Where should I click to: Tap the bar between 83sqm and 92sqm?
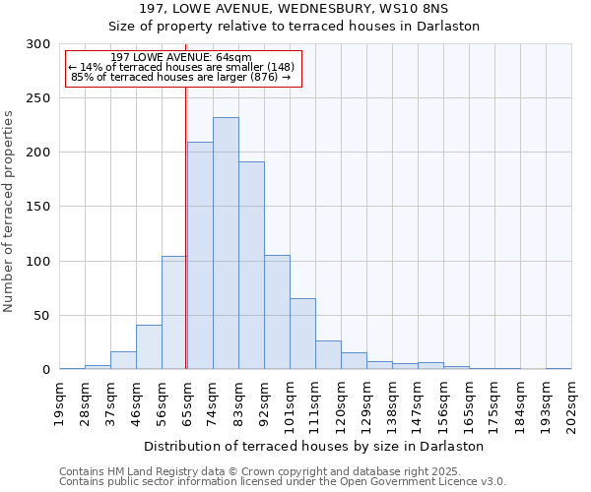point(251,266)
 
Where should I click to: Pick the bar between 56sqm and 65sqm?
point(174,313)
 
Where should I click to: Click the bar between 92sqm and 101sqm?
point(277,313)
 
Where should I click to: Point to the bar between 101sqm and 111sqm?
point(302,335)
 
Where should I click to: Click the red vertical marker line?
point(186,226)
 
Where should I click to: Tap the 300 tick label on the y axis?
point(38,44)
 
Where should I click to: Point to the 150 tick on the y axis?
point(38,207)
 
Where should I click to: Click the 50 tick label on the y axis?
point(42,316)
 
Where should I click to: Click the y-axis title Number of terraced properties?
point(9,212)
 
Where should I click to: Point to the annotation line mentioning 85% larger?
point(181,77)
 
